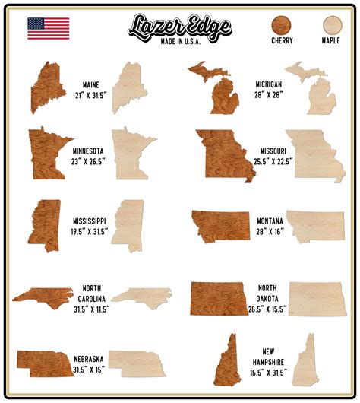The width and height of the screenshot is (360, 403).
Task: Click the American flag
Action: [48, 28]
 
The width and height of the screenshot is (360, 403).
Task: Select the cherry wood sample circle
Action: [281, 24]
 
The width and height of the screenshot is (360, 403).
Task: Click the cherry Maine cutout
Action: [48, 87]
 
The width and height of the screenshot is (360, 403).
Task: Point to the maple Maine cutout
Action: [130, 87]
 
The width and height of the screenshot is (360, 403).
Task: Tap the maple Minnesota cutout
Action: [131, 152]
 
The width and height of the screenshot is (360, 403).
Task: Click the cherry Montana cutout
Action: [220, 225]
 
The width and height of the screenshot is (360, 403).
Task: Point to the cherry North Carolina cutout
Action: [43, 295]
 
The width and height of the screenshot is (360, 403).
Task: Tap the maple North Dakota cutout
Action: [317, 299]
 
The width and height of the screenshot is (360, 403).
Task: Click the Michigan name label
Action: [269, 84]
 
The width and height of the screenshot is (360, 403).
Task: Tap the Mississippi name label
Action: [90, 221]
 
